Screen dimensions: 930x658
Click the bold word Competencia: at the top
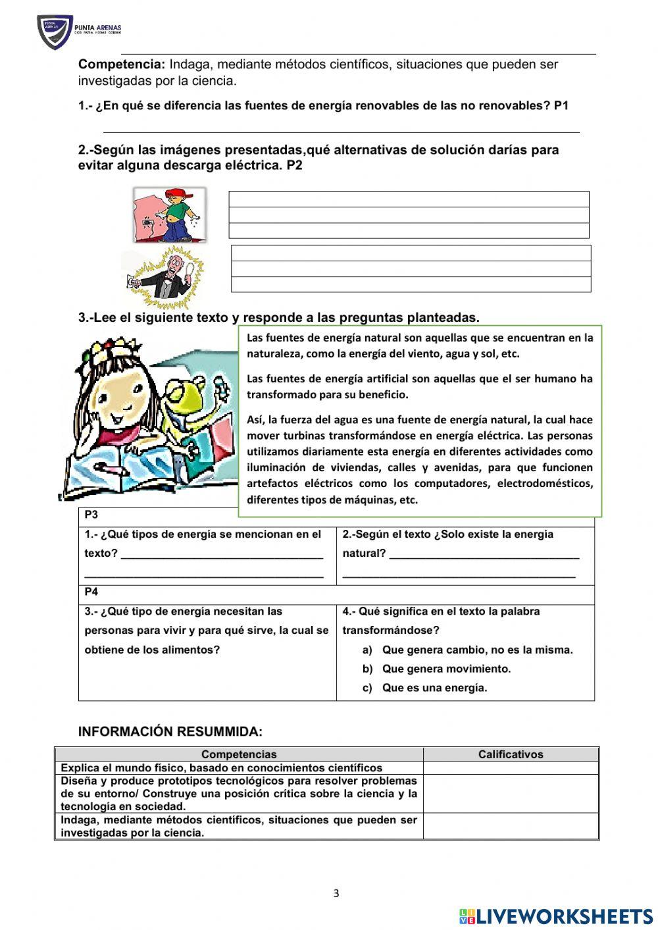[x=122, y=65]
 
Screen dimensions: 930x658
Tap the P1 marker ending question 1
[x=561, y=106]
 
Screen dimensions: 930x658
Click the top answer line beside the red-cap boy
[x=409, y=199]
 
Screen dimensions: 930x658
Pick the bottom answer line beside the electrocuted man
[x=411, y=284]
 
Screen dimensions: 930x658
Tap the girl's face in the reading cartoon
[x=122, y=401]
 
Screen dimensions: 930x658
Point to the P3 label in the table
[x=91, y=515]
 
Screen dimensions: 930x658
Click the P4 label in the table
[x=91, y=592]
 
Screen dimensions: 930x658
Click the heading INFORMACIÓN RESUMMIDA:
[x=170, y=732]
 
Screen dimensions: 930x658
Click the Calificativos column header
[x=511, y=754]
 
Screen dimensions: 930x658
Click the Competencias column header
[x=239, y=754]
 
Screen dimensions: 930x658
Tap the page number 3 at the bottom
[x=336, y=893]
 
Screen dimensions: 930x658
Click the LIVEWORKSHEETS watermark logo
[x=556, y=916]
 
